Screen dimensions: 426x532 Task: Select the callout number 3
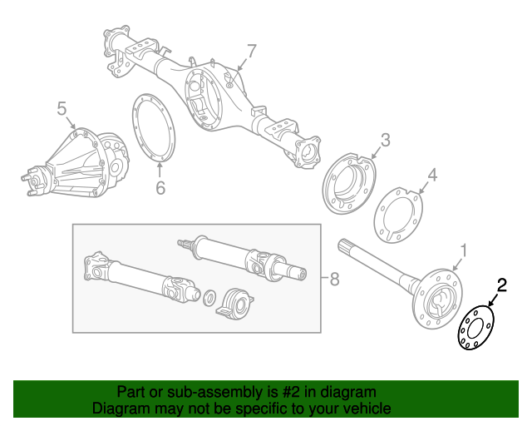point(385,140)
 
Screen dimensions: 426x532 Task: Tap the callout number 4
point(431,175)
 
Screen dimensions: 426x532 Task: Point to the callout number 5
point(62,108)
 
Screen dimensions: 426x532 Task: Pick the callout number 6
point(160,189)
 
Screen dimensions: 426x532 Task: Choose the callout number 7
point(252,52)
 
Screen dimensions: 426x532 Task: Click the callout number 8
point(334,280)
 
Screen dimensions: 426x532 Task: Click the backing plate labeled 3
point(348,186)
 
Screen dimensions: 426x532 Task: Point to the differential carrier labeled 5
point(79,162)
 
